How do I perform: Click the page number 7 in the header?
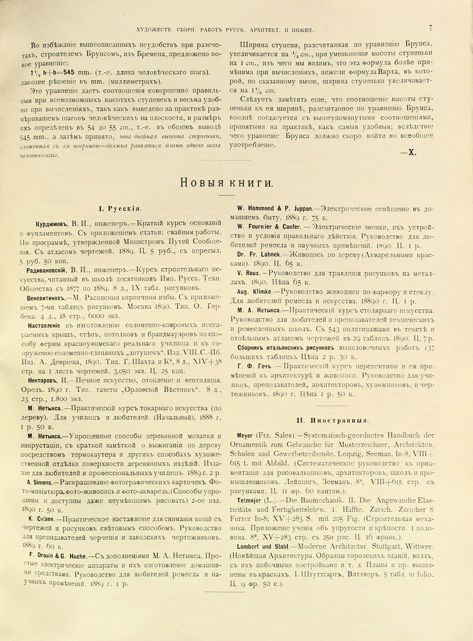(x=432, y=28)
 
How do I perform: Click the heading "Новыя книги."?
(x=225, y=183)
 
